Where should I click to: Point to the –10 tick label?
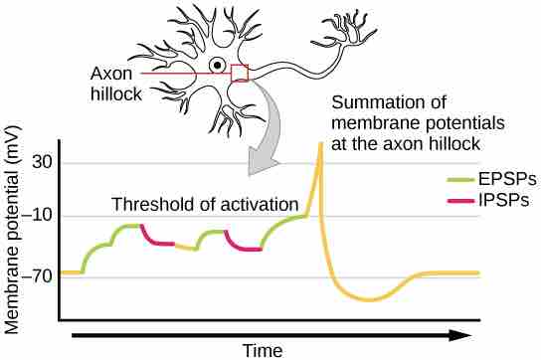pyautogui.click(x=40, y=216)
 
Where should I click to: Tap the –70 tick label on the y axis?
pyautogui.click(x=40, y=271)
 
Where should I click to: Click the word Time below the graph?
pyautogui.click(x=263, y=349)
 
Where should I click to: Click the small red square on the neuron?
pyautogui.click(x=239, y=73)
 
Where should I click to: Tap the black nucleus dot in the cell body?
pyautogui.click(x=216, y=67)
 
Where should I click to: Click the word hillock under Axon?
pyautogui.click(x=116, y=94)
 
